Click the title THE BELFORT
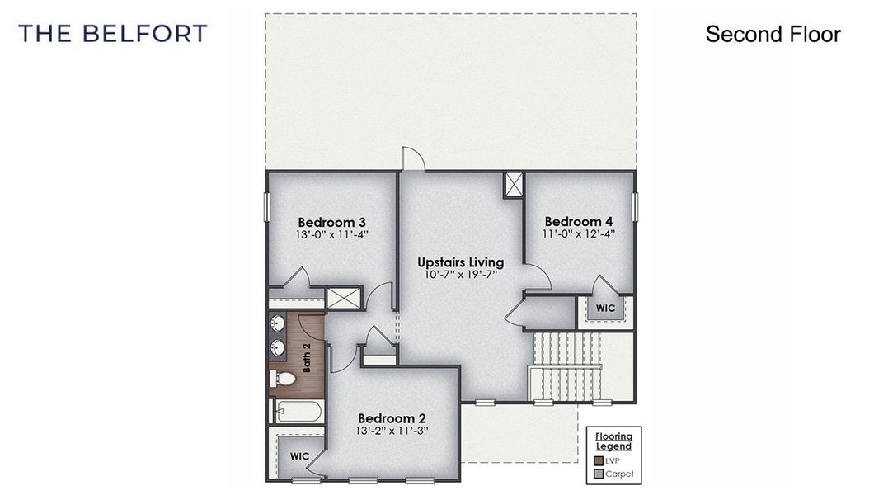tap(113, 34)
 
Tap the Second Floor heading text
tap(773, 34)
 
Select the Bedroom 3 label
tap(331, 222)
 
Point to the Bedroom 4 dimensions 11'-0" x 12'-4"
tap(579, 234)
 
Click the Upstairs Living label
tap(460, 262)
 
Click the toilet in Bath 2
tap(284, 379)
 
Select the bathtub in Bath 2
tap(297, 410)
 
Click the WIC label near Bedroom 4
tap(606, 309)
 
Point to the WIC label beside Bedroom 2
tap(299, 455)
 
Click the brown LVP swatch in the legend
tap(599, 460)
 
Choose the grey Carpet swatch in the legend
tap(599, 474)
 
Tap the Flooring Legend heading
tap(613, 441)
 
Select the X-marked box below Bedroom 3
tap(344, 298)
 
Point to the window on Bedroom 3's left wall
tap(266, 206)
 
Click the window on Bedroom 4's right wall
tap(635, 206)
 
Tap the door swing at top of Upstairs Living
tap(412, 159)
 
